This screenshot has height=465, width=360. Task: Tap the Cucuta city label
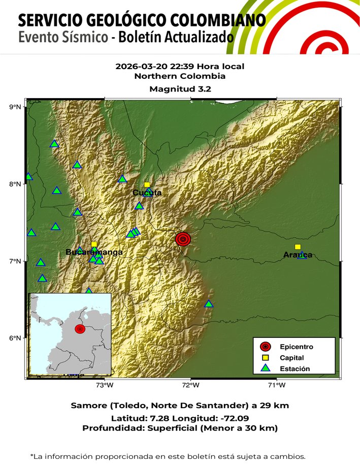click(147, 193)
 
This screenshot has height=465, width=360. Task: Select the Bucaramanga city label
click(94, 252)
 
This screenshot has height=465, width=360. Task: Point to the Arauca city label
click(298, 255)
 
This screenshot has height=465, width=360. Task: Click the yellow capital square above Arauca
click(298, 247)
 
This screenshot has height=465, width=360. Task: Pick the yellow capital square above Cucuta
click(147, 185)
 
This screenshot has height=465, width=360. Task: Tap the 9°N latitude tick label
click(15, 107)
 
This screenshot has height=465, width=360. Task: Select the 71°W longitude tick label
click(277, 385)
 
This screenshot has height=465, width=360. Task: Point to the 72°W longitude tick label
click(191, 385)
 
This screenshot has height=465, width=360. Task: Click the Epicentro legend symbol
click(265, 347)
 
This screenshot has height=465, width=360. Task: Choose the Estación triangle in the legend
click(265, 368)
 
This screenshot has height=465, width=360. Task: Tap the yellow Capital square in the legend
click(265, 358)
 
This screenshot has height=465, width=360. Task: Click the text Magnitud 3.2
click(180, 89)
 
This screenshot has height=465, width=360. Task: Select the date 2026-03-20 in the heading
click(137, 66)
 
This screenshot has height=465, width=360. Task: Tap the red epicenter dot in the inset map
click(80, 329)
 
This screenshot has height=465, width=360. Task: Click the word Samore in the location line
click(87, 406)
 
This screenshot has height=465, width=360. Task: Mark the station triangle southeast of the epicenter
click(209, 304)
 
